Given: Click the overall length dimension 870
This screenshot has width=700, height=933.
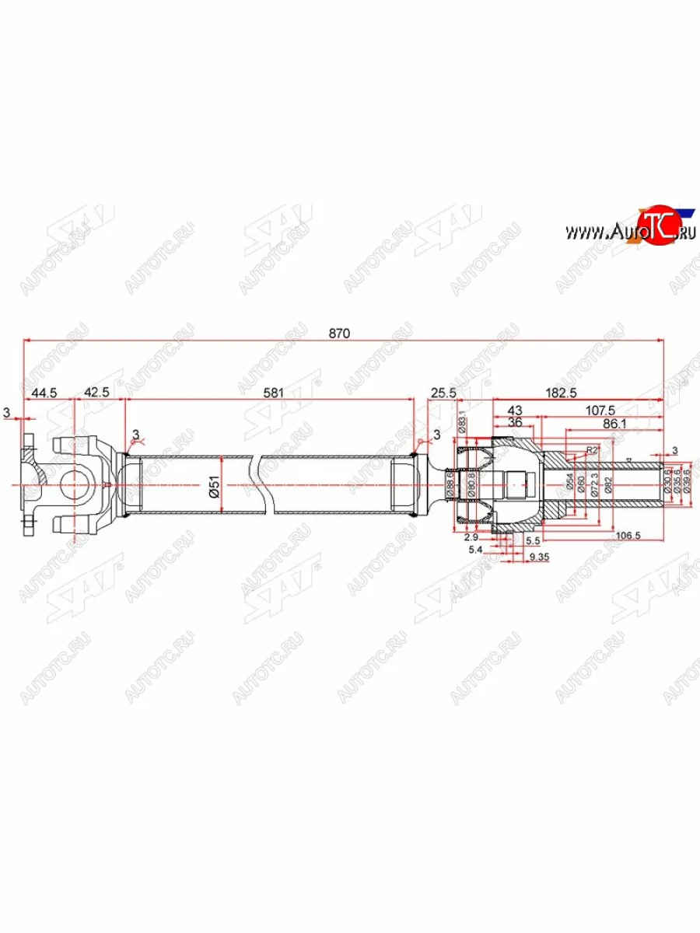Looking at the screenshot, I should [339, 333].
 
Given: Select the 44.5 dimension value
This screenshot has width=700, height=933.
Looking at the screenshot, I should [44, 393].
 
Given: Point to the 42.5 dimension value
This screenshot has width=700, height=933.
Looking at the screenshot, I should [96, 393].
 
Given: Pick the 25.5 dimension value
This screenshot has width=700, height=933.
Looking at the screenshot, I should [442, 393].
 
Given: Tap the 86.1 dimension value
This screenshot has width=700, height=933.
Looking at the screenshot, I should [614, 424].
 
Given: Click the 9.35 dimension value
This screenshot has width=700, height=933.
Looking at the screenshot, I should [537, 557].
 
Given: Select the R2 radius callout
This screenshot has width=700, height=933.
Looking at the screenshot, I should [592, 449].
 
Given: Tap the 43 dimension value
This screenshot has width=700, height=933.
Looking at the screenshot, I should [515, 410].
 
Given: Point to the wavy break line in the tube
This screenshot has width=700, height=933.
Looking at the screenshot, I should [263, 484].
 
